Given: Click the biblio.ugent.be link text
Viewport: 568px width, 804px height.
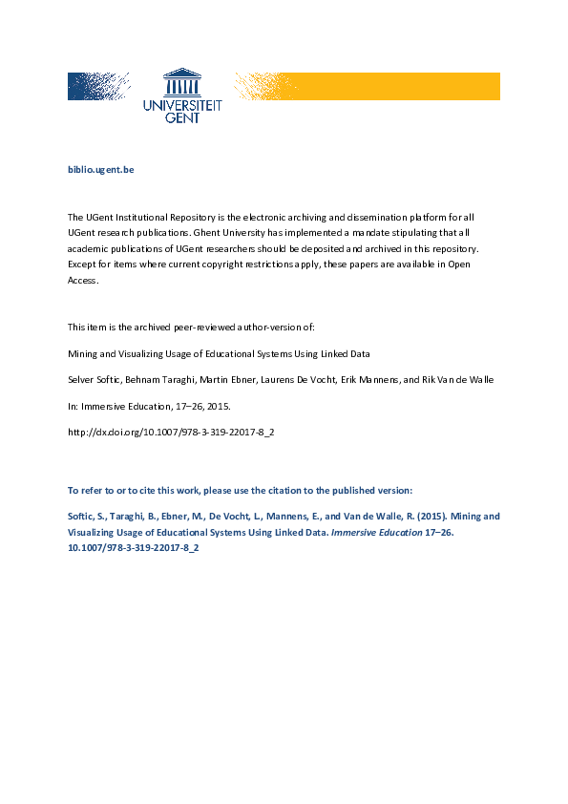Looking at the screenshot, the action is (100, 169).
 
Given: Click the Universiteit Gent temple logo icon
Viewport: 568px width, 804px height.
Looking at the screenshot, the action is (182, 82).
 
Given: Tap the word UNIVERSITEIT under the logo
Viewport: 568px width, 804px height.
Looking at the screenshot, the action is (182, 107).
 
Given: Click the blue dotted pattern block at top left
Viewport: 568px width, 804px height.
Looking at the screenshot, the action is (98, 86).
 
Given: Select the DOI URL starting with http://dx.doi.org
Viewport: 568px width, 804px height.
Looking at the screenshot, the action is (171, 433).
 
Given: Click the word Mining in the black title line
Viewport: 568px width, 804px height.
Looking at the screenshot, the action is (81, 352).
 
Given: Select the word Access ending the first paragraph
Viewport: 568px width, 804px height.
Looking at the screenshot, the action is (82, 281).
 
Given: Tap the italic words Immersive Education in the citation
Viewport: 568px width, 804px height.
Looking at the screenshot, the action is (380, 531).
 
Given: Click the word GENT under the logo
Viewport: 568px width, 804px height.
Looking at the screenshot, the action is (182, 119).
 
